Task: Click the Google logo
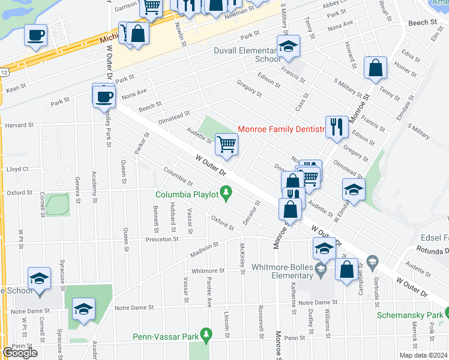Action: (x=20, y=353)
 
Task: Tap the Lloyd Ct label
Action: (x=17, y=169)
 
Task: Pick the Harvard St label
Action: (x=19, y=125)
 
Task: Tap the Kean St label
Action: (x=16, y=88)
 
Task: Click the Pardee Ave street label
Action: (x=209, y=297)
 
